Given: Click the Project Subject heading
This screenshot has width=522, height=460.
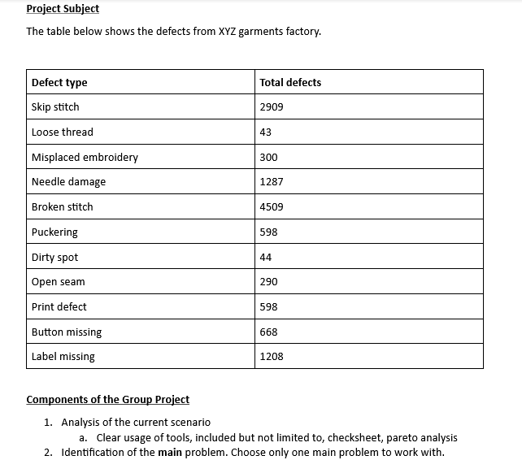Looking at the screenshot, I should click(63, 9).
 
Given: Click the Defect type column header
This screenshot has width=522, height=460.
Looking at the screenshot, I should click(59, 82).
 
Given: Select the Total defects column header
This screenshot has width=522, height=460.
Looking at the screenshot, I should click(290, 82).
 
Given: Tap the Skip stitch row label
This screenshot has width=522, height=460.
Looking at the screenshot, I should click(55, 107).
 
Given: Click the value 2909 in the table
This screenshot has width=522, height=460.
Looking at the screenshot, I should click(272, 107).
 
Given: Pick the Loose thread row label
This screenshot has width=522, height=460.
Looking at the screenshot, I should click(62, 132).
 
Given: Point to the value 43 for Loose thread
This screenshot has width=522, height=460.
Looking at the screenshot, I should click(266, 132).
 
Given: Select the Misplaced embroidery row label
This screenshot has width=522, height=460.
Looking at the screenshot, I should click(85, 157).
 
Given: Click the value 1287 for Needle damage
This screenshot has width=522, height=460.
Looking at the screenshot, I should click(272, 182).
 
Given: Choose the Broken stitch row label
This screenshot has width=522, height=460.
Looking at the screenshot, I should click(62, 207).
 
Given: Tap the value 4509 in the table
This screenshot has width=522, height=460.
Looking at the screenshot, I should click(272, 207).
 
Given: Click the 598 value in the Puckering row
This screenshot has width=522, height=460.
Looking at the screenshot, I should click(268, 232).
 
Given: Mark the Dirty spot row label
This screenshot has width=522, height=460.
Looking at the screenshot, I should click(54, 257).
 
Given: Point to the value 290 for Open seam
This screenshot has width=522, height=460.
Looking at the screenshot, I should click(268, 282).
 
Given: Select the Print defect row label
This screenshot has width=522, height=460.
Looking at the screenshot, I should click(59, 307).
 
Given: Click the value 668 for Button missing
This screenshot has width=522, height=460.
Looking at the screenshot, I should click(268, 332).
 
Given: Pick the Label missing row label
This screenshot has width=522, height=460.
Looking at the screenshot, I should click(63, 357).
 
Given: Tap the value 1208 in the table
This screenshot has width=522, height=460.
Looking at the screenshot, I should click(272, 357).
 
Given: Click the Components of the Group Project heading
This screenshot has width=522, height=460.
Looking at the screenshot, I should click(108, 399).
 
